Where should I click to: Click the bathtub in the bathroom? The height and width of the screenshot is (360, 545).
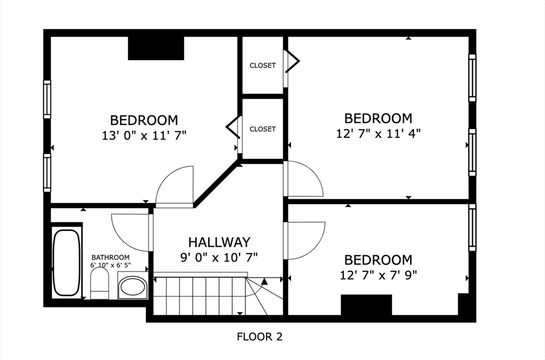pyautogui.click(x=67, y=262)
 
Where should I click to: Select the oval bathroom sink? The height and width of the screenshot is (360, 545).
pyautogui.click(x=132, y=288)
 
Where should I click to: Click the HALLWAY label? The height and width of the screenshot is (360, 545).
pyautogui.click(x=219, y=242)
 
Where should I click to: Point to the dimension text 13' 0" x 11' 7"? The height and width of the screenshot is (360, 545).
pyautogui.click(x=144, y=135)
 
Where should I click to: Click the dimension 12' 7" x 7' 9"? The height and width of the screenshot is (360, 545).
pyautogui.click(x=378, y=275)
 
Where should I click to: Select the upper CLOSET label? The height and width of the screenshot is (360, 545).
pyautogui.click(x=263, y=65)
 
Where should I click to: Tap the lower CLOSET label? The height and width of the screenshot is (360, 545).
pyautogui.click(x=263, y=129)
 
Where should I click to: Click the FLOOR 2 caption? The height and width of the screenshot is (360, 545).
pyautogui.click(x=259, y=337)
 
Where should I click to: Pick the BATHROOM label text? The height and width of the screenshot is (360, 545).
pyautogui.click(x=110, y=257)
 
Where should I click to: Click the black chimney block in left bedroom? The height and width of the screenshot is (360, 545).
pyautogui.click(x=156, y=48)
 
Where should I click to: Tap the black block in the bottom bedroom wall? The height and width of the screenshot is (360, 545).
pyautogui.click(x=366, y=305)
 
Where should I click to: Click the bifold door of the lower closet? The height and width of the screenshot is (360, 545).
pyautogui.click(x=233, y=128)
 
